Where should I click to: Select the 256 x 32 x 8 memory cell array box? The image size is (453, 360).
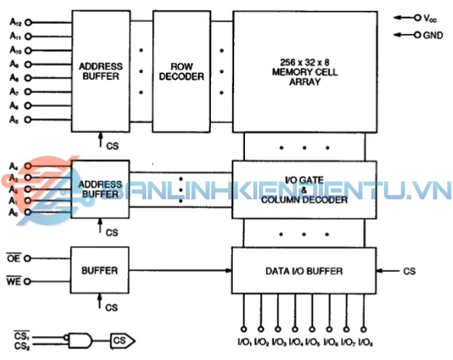[x=304, y=71]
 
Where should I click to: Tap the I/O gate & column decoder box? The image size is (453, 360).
[x=304, y=190]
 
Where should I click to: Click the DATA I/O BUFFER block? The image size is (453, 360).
[x=304, y=271]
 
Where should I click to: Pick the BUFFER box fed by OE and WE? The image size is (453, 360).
[x=100, y=270]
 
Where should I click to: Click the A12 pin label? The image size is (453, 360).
[x=15, y=22]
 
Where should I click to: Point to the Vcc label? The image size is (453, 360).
[x=430, y=17]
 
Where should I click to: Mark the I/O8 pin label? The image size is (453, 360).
[x=367, y=342]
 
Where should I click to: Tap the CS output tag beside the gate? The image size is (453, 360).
[x=121, y=339]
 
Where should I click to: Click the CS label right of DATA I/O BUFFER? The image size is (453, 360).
[x=409, y=271]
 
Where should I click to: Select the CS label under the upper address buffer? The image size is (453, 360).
[x=112, y=146]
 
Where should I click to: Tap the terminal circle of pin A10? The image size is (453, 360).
[x=29, y=49]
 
